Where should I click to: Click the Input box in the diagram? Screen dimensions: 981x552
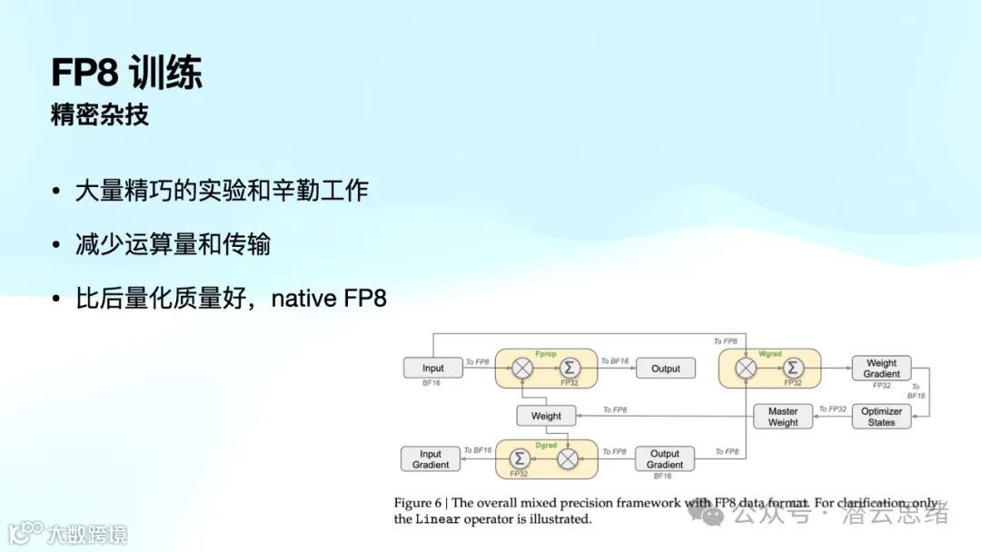(432, 369)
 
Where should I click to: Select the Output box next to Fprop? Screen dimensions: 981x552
(665, 369)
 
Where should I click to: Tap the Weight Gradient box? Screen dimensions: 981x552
(881, 368)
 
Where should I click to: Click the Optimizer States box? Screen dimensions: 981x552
(881, 417)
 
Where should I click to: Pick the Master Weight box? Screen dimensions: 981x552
(783, 417)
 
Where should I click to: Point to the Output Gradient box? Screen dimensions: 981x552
(664, 459)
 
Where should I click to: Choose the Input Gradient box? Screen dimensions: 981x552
(431, 459)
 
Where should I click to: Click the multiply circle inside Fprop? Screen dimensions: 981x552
(522, 369)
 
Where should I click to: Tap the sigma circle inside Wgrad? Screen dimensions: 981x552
(793, 368)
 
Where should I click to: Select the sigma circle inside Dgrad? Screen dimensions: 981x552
(520, 458)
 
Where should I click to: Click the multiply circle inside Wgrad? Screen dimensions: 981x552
(746, 368)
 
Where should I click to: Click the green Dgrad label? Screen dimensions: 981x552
(545, 445)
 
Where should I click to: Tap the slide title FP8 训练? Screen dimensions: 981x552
(126, 73)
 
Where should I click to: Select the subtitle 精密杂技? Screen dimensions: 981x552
(100, 115)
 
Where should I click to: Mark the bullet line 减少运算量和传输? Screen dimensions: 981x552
(173, 244)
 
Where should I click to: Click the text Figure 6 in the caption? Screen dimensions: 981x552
(419, 503)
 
